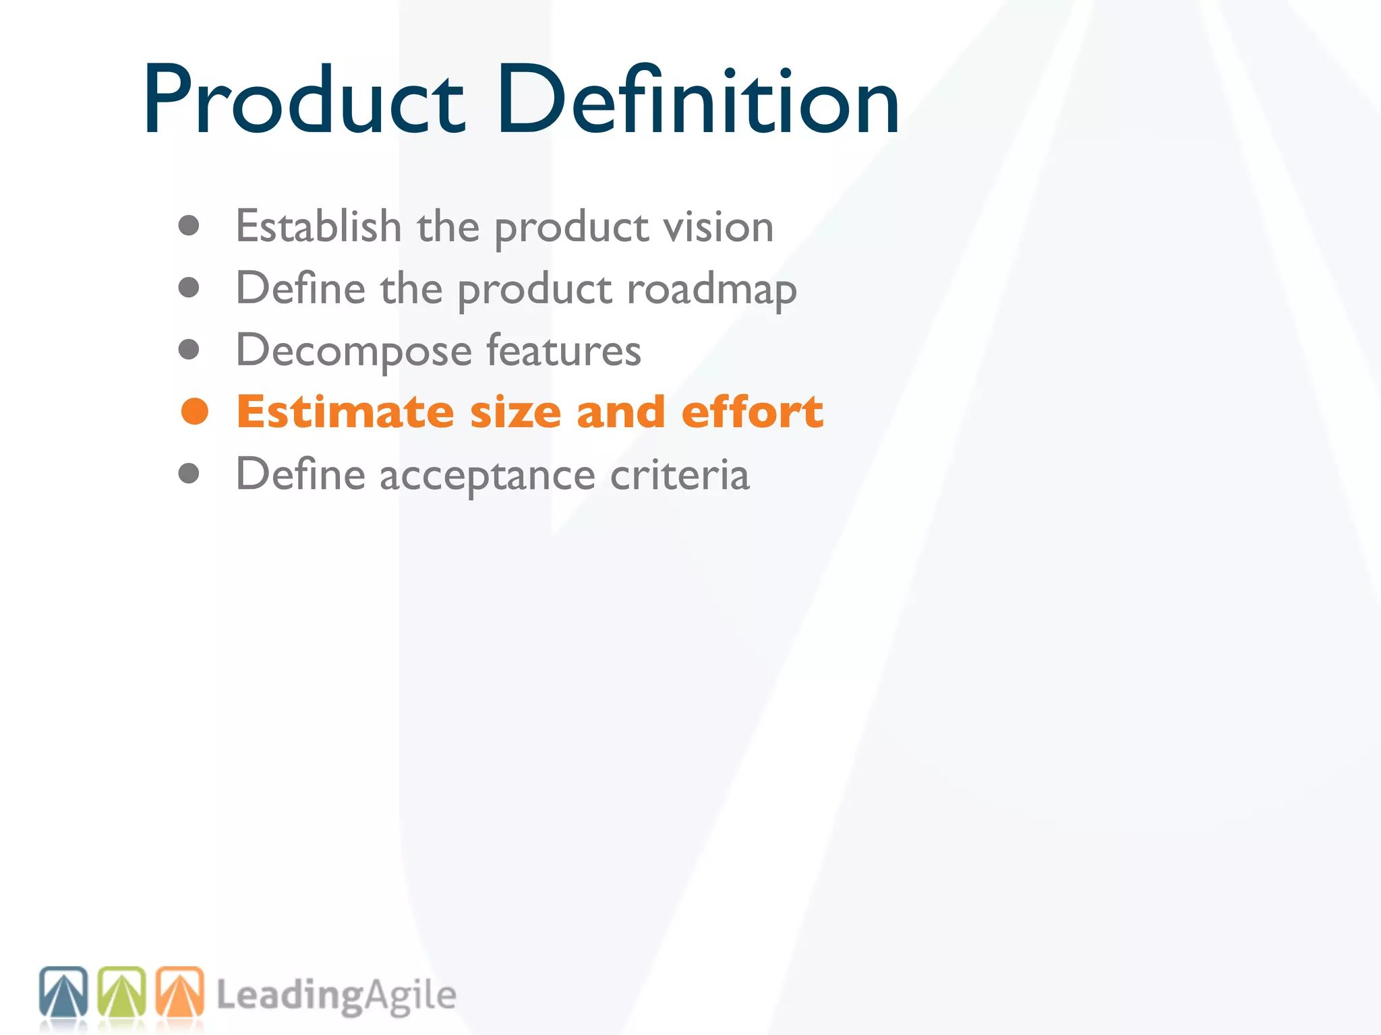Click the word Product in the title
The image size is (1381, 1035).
[x=303, y=101]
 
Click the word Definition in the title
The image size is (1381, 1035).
[x=698, y=101]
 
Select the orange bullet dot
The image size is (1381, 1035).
[x=195, y=412]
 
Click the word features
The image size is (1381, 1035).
[x=564, y=350]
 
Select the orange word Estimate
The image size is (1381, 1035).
[x=345, y=412]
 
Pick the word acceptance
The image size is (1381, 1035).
[x=487, y=476]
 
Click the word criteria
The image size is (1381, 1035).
[x=680, y=474]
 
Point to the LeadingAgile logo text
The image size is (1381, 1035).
[x=336, y=996]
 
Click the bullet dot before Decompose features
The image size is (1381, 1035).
[x=189, y=350]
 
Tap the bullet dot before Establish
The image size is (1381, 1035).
[x=189, y=226]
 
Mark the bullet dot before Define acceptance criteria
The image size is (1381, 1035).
[x=189, y=474]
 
